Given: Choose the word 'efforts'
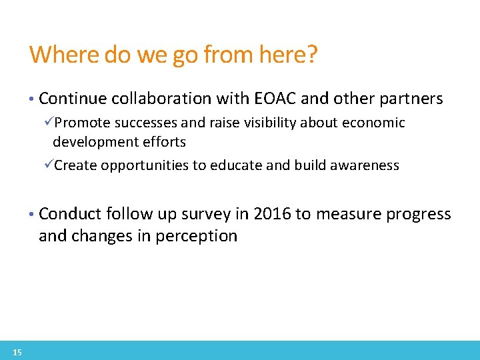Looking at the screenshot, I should (x=163, y=142).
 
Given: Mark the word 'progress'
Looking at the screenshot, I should (x=417, y=215).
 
